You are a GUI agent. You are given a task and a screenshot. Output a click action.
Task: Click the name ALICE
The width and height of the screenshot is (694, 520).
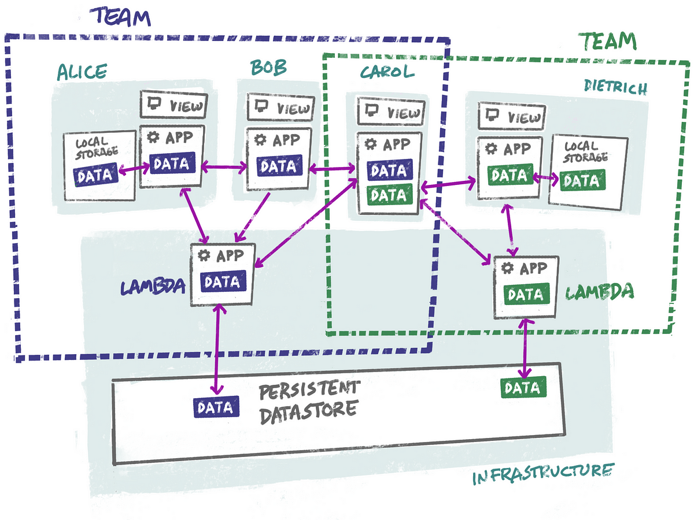pyautogui.click(x=82, y=72)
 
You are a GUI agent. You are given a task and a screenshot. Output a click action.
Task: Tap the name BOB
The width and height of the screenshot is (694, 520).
pyautogui.click(x=268, y=67)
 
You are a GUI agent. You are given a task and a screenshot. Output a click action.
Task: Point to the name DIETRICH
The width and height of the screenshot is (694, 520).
pyautogui.click(x=615, y=87)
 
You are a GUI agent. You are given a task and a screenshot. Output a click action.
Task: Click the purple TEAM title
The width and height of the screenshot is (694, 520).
pyautogui.click(x=120, y=17)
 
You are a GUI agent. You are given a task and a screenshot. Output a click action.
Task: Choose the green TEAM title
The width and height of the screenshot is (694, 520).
pyautogui.click(x=608, y=42)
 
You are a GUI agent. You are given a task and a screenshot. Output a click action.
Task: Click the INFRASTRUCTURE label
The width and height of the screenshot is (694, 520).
pyautogui.click(x=543, y=474)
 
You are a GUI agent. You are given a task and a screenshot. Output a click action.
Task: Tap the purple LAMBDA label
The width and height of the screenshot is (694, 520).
pyautogui.click(x=153, y=287)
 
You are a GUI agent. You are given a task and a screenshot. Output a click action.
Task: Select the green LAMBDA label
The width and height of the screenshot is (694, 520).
pyautogui.click(x=600, y=292)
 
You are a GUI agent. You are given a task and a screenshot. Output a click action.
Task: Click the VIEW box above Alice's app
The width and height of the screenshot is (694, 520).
pyautogui.click(x=173, y=105)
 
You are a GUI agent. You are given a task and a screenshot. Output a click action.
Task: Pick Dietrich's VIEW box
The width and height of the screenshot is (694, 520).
pyautogui.click(x=512, y=116)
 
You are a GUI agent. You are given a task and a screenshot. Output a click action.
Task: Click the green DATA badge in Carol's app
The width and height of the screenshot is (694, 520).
pyautogui.click(x=390, y=195)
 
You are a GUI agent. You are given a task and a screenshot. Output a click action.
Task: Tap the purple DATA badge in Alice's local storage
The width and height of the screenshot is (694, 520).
pyautogui.click(x=95, y=174)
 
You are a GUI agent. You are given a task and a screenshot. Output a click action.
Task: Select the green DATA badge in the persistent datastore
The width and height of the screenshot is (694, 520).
pyautogui.click(x=523, y=387)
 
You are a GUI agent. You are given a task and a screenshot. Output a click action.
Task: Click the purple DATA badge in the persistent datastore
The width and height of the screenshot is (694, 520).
pyautogui.click(x=216, y=407)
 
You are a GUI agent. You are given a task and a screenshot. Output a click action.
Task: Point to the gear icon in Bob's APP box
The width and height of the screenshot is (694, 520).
pyautogui.click(x=260, y=139)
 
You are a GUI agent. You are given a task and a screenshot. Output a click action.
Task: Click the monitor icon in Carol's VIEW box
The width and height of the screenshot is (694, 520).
pyautogui.click(x=371, y=110)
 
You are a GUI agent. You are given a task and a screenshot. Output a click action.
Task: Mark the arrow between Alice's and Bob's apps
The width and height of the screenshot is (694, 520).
pyautogui.click(x=224, y=166)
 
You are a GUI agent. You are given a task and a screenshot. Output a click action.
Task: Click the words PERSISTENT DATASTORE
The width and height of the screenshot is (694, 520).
pyautogui.click(x=309, y=402)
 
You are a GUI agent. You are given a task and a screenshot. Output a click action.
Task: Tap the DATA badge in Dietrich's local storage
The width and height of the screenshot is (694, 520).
pyautogui.click(x=582, y=180)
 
